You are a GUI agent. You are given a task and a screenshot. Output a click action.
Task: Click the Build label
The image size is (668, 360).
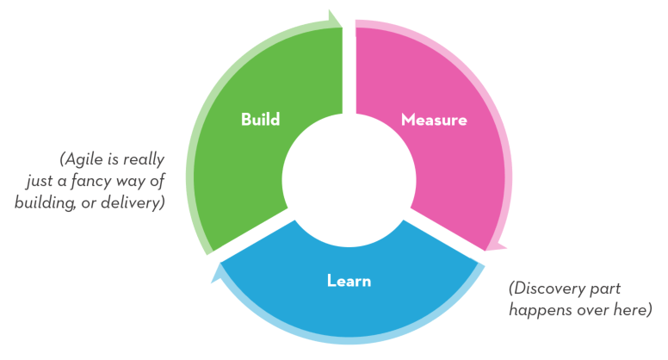[260, 119]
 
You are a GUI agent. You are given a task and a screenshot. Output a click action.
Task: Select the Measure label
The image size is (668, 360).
[434, 120]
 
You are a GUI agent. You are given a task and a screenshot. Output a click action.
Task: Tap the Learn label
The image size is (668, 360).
[349, 280]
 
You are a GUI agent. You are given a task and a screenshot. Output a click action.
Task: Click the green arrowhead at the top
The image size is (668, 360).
[333, 18]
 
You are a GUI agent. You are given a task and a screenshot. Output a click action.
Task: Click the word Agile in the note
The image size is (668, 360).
[85, 160]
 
